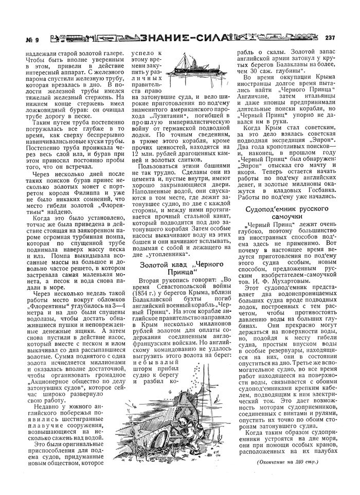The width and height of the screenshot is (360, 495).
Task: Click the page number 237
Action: tap(331, 37)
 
